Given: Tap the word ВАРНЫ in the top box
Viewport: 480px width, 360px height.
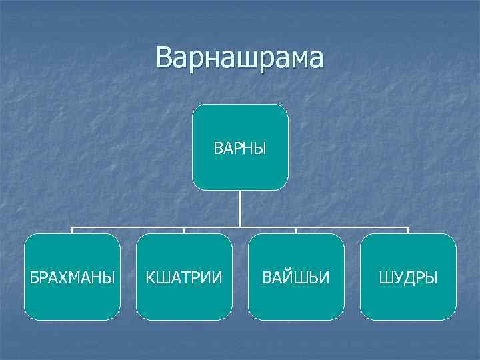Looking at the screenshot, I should [240, 148].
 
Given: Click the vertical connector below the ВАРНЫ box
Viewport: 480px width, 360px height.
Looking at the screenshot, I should [240, 208].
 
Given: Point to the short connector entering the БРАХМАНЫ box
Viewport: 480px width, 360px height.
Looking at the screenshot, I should [72, 231].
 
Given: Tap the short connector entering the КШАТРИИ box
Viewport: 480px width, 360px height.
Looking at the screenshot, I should [184, 231].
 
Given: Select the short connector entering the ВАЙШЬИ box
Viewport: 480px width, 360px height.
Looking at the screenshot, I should [296, 231].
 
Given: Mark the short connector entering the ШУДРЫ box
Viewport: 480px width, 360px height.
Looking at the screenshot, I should [408, 231].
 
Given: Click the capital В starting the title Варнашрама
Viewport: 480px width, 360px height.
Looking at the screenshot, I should [165, 58].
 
